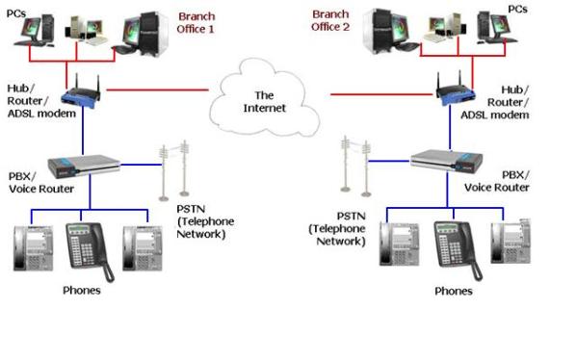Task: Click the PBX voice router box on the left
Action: [x=90, y=166]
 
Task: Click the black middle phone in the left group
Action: [x=87, y=246]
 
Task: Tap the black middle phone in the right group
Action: [x=453, y=246]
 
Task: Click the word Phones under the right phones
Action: [x=453, y=291]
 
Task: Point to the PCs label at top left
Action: [x=16, y=13]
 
